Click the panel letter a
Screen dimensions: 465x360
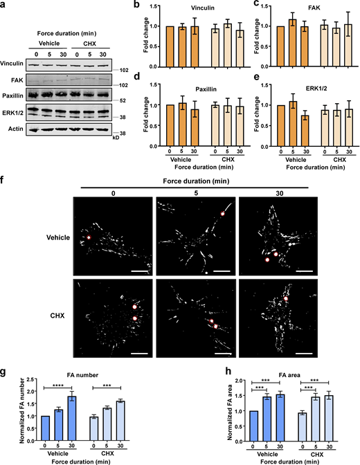click(4, 6)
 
